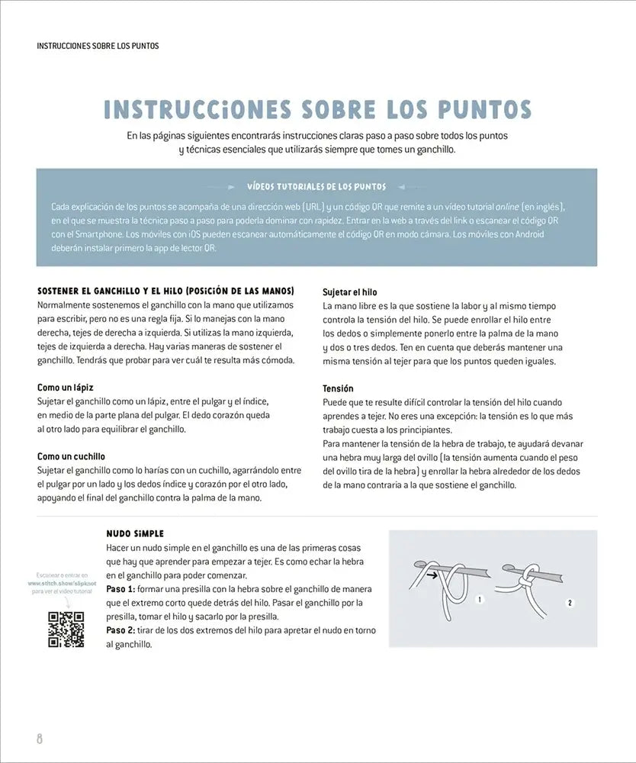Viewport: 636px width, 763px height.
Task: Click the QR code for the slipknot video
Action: tap(66, 629)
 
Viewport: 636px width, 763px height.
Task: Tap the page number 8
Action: tap(40, 739)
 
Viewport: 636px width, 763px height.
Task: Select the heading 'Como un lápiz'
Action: tap(66, 388)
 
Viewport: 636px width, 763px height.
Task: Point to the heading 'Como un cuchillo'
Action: tap(72, 456)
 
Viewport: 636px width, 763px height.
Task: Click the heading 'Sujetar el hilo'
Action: tap(350, 292)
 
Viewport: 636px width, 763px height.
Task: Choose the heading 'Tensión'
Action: tap(339, 388)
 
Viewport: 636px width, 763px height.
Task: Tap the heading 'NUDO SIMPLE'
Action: tap(136, 533)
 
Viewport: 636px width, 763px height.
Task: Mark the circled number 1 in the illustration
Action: tap(480, 600)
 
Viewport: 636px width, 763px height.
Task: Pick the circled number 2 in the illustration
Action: tap(570, 603)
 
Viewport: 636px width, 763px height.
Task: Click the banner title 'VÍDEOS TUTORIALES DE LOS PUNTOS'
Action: tap(316, 186)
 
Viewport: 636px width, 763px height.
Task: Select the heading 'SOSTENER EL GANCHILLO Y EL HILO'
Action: tap(165, 291)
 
